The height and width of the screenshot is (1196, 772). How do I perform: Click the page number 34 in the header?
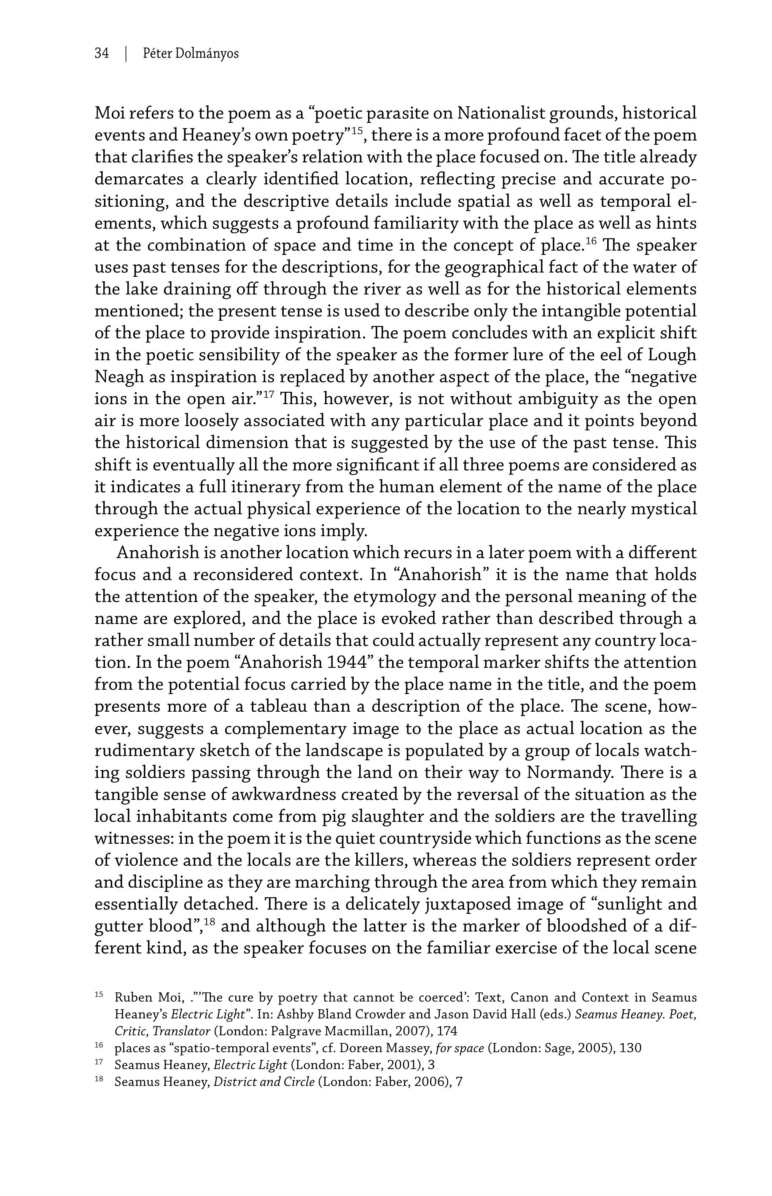(101, 53)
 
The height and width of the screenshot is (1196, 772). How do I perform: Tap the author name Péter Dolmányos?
(191, 53)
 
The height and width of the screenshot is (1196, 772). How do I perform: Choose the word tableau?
(273, 707)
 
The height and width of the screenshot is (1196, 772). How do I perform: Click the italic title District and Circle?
(264, 1082)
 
